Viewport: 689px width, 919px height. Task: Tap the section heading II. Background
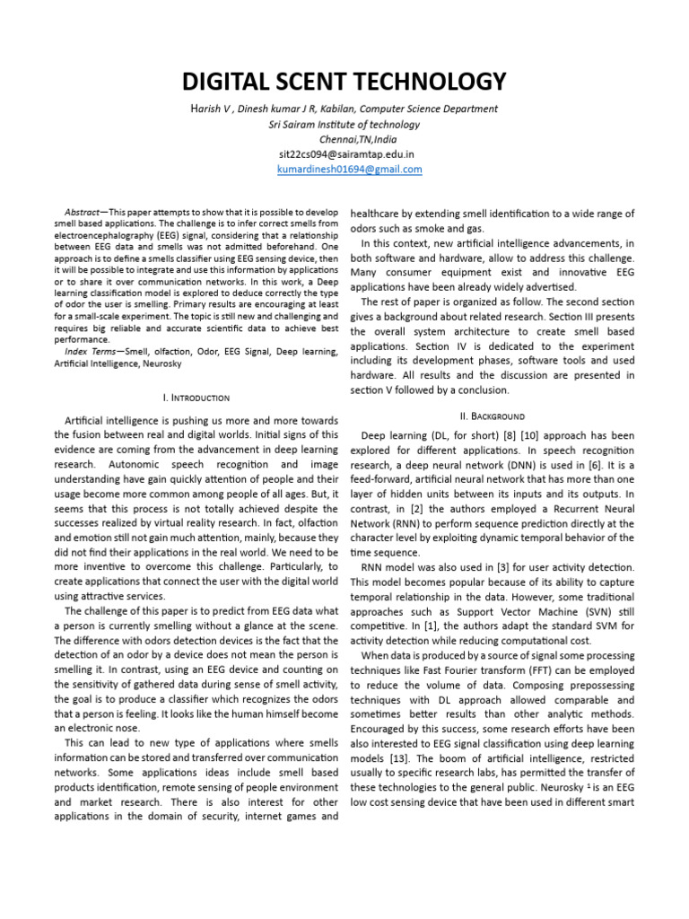point(492,416)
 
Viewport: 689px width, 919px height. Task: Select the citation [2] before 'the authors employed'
point(396,509)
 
